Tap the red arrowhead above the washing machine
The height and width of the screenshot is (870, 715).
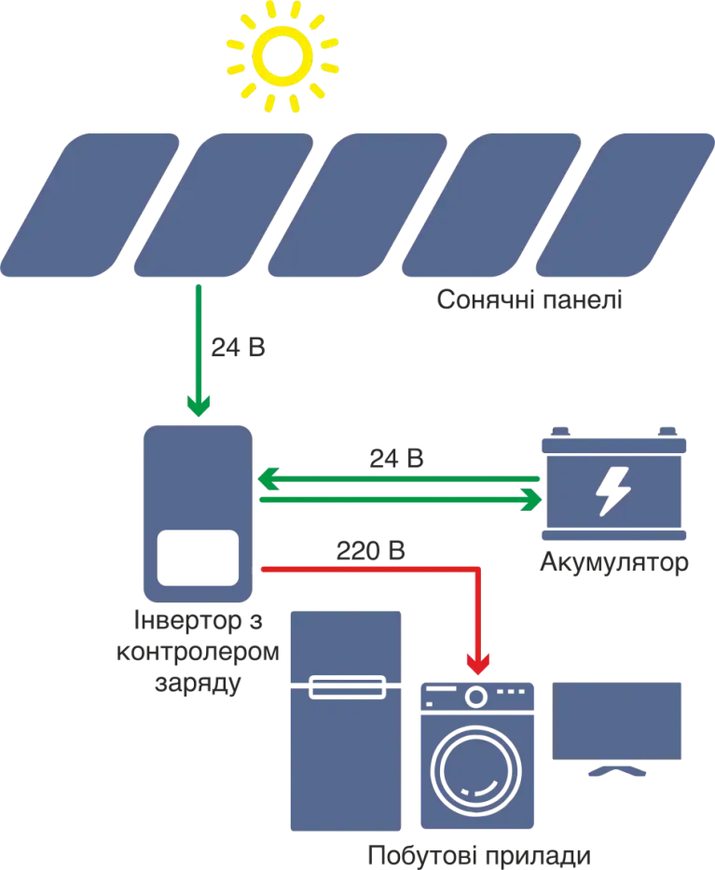coord(478,661)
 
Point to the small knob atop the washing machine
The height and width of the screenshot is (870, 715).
coord(478,696)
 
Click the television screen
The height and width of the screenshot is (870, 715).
coord(618,719)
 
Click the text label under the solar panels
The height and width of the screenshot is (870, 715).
coord(528,300)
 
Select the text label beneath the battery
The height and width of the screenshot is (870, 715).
coord(616,563)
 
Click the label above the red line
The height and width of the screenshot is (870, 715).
coord(372,550)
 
